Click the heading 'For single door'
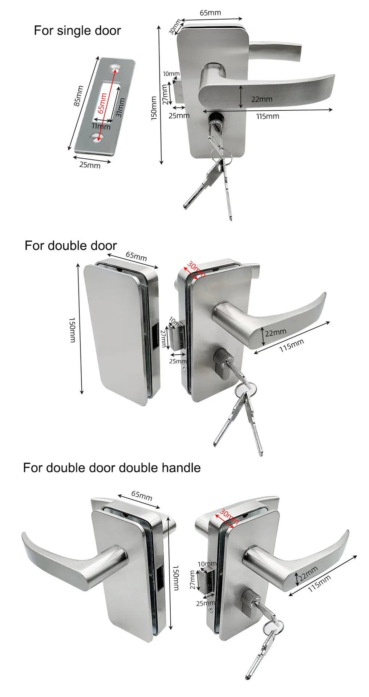click(77, 30)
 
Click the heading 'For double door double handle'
click(111, 468)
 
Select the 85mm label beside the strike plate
click(78, 96)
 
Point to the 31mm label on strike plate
click(120, 107)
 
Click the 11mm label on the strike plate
click(101, 126)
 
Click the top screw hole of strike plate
click(116, 68)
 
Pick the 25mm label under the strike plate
click(90, 165)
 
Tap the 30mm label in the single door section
click(175, 27)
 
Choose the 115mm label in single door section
click(268, 116)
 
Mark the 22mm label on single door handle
click(261, 99)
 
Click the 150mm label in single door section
click(154, 108)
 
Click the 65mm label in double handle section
click(142, 496)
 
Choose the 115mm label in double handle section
click(320, 583)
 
